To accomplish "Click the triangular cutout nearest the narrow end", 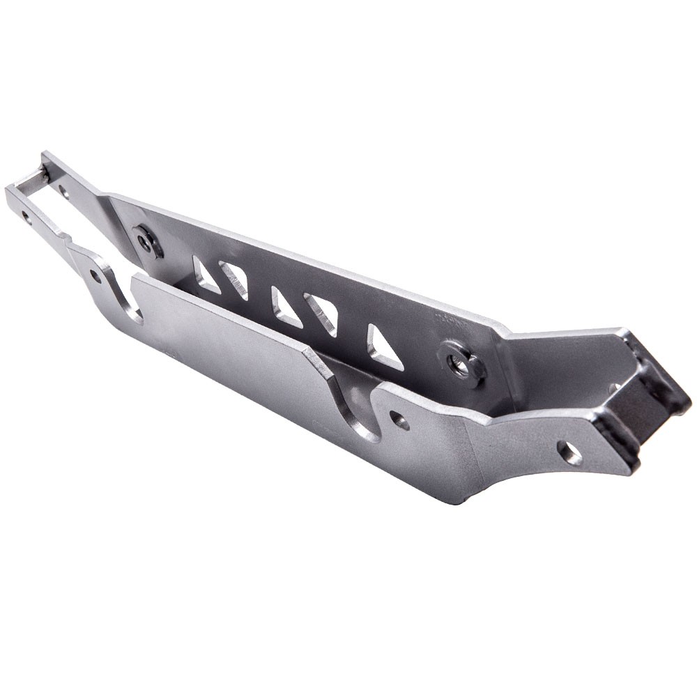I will click(x=204, y=273).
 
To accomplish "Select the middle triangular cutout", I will click(x=285, y=306).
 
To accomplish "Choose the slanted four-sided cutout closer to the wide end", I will click(x=321, y=313).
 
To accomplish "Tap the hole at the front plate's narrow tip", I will click(x=26, y=217).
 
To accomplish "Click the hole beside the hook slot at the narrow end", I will click(x=95, y=277).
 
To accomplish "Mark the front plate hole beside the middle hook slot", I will click(x=399, y=420).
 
